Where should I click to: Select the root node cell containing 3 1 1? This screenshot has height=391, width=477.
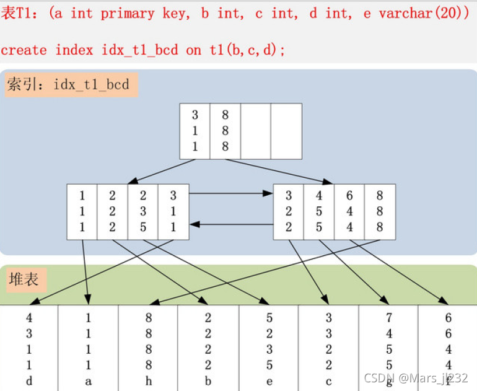(195, 131)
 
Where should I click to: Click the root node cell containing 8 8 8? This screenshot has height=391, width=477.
(225, 131)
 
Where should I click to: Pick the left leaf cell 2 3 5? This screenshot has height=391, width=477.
(142, 212)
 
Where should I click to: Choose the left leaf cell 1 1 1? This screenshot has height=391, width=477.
(82, 212)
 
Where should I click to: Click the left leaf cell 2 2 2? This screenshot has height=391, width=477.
(112, 212)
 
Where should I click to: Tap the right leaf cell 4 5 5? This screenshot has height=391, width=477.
(319, 212)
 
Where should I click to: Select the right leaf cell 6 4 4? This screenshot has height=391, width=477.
(349, 212)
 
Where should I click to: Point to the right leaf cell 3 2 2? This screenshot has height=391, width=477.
(289, 212)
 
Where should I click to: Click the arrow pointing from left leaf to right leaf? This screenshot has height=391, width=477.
(230, 193)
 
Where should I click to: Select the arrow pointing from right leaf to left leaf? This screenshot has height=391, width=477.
(230, 224)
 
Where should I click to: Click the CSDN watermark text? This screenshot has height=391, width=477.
(416, 378)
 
